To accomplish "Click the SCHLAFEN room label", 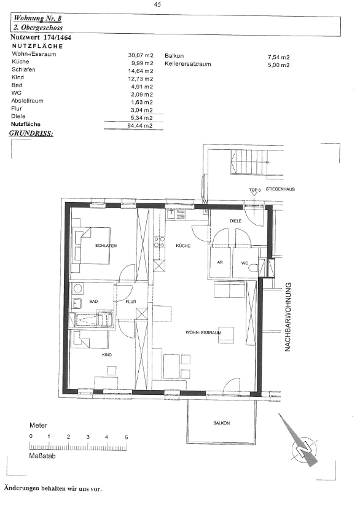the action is point(106,246).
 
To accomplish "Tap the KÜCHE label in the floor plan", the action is point(183,246).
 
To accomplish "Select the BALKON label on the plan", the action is point(221,423).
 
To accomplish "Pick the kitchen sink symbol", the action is point(176,214).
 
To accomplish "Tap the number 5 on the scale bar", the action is point(127,437).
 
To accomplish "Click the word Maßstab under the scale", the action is point(42,456).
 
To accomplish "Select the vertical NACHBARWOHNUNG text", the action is point(288,317).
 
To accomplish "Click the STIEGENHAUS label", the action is point(280,189).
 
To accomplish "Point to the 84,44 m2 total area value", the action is point(140,125).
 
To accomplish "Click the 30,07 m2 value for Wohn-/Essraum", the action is point(141,55).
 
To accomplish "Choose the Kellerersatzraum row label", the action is point(188,64).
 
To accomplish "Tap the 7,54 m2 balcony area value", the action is point(279,57).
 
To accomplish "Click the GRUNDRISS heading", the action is point(31,133).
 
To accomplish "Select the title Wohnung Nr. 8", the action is point(37,18).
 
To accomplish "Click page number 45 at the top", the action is point(157,5).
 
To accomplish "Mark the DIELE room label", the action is point(236,221).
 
